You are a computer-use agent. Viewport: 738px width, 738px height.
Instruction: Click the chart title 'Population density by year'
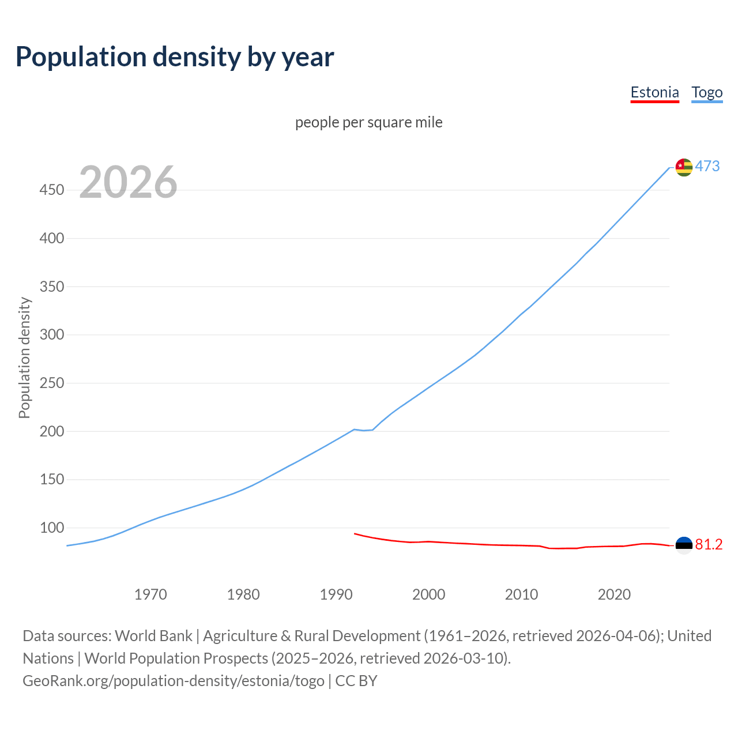pos(175,57)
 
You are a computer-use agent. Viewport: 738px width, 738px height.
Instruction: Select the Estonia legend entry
pos(654,92)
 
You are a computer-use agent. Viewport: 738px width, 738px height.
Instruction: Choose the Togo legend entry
pos(707,92)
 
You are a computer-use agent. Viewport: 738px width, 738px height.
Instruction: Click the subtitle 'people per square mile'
pos(368,122)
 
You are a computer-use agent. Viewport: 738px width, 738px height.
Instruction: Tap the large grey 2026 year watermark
pos(128,182)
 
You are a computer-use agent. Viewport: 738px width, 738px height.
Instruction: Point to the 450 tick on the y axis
pos(51,190)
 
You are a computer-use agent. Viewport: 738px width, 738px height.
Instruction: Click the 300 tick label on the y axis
pos(51,334)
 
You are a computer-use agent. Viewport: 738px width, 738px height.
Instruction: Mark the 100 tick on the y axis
pos(51,528)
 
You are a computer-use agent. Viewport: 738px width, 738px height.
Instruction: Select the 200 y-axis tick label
pos(51,431)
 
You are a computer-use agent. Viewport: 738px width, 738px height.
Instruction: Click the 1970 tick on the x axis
pos(150,594)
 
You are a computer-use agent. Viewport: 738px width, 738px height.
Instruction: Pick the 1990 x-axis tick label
pos(336,594)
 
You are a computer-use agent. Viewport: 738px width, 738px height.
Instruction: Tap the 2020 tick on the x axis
pos(614,594)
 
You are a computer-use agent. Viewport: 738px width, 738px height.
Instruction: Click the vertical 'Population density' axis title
pos(24,357)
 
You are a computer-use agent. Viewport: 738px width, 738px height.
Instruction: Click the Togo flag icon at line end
pos(684,167)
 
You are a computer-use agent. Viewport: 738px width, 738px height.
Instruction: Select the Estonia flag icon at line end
pos(684,545)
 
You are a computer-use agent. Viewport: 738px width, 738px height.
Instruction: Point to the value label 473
pos(707,167)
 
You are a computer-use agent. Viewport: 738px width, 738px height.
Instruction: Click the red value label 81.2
pos(709,545)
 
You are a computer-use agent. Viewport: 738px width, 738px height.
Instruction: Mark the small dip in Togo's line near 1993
pos(364,430)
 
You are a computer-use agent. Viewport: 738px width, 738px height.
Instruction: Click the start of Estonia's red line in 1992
pos(355,533)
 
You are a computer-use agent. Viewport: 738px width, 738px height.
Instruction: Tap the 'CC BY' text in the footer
pos(356,681)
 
